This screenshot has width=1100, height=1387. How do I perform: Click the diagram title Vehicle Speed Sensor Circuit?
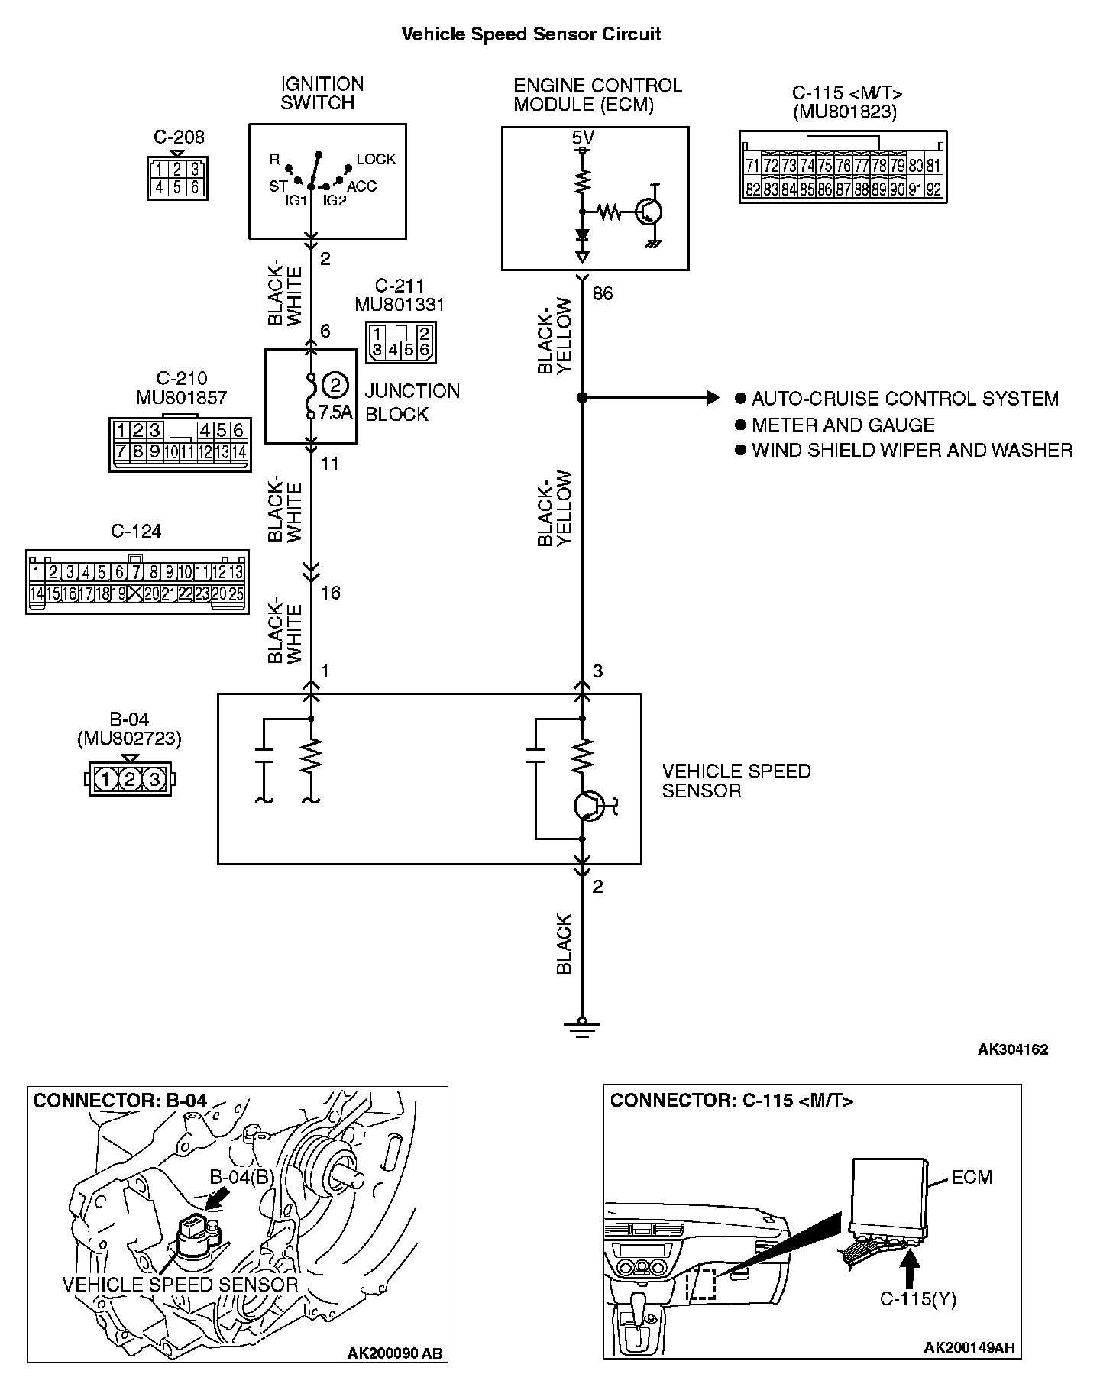click(531, 34)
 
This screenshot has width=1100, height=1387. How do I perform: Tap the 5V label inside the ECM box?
click(582, 138)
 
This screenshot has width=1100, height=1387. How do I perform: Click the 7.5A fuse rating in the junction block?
click(335, 412)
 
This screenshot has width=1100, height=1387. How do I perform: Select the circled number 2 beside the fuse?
click(335, 384)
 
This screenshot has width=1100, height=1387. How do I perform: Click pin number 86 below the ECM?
click(603, 293)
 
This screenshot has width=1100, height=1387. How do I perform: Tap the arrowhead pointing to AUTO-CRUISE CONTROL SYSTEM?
click(713, 397)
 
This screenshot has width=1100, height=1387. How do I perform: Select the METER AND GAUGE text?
click(843, 425)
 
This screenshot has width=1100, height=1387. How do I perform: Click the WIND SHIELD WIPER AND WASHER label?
click(912, 450)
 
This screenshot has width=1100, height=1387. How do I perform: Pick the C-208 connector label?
click(179, 137)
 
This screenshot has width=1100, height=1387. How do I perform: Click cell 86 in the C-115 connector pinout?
click(823, 189)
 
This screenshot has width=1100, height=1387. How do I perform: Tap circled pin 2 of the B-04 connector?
click(130, 779)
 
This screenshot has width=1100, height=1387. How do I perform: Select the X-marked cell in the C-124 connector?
click(135, 593)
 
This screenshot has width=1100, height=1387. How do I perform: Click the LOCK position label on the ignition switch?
click(376, 159)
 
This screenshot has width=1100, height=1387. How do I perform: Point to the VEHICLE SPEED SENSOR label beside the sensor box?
click(736, 781)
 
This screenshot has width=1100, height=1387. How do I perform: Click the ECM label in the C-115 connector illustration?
click(972, 1177)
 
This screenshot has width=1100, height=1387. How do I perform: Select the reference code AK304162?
click(1013, 1049)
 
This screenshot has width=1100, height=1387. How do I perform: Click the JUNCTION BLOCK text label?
click(412, 403)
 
